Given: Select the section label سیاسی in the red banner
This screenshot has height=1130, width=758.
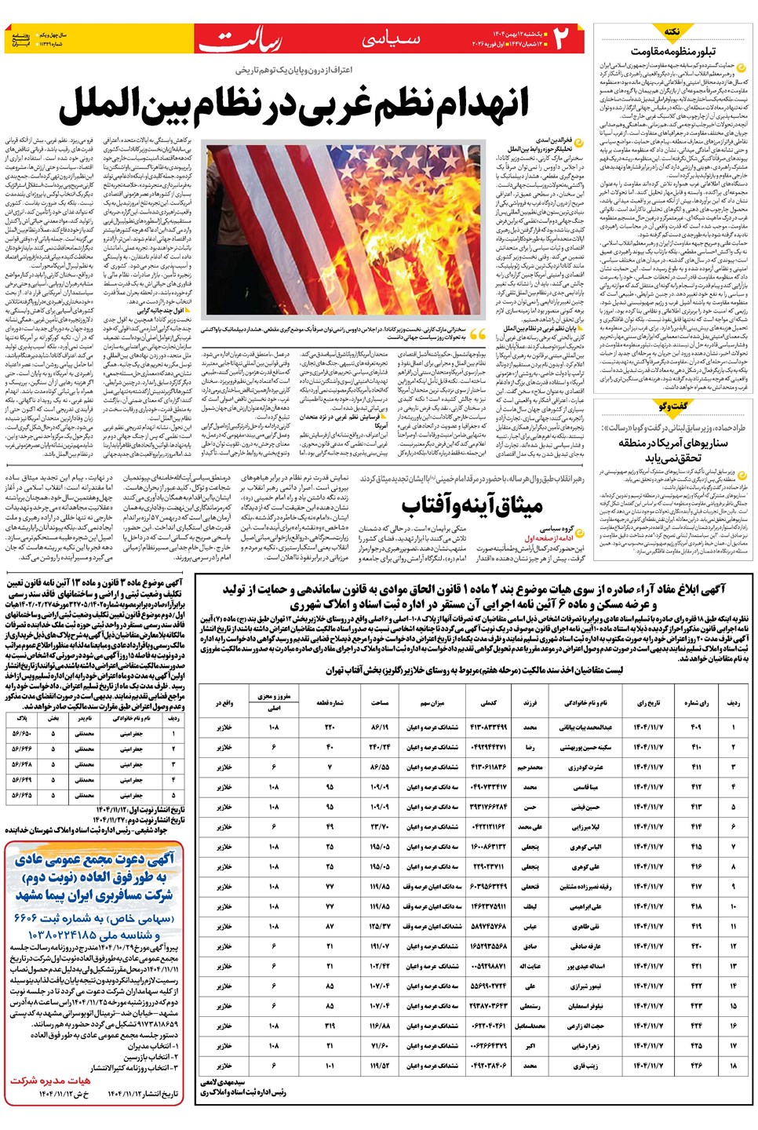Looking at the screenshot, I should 390,39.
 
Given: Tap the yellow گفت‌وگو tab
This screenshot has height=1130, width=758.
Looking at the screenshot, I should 672,406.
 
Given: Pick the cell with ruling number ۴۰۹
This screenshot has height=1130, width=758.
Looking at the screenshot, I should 695,727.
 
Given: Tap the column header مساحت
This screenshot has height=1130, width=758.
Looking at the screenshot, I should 380,702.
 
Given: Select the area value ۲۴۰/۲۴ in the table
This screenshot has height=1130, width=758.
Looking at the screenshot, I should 380,747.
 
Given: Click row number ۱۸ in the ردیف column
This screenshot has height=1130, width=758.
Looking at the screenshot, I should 734,1066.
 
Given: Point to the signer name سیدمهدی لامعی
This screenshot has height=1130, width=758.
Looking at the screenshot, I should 224,1082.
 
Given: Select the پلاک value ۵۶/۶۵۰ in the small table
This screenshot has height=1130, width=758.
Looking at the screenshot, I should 21,734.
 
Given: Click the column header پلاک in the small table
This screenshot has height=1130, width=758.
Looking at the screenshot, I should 21,717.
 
